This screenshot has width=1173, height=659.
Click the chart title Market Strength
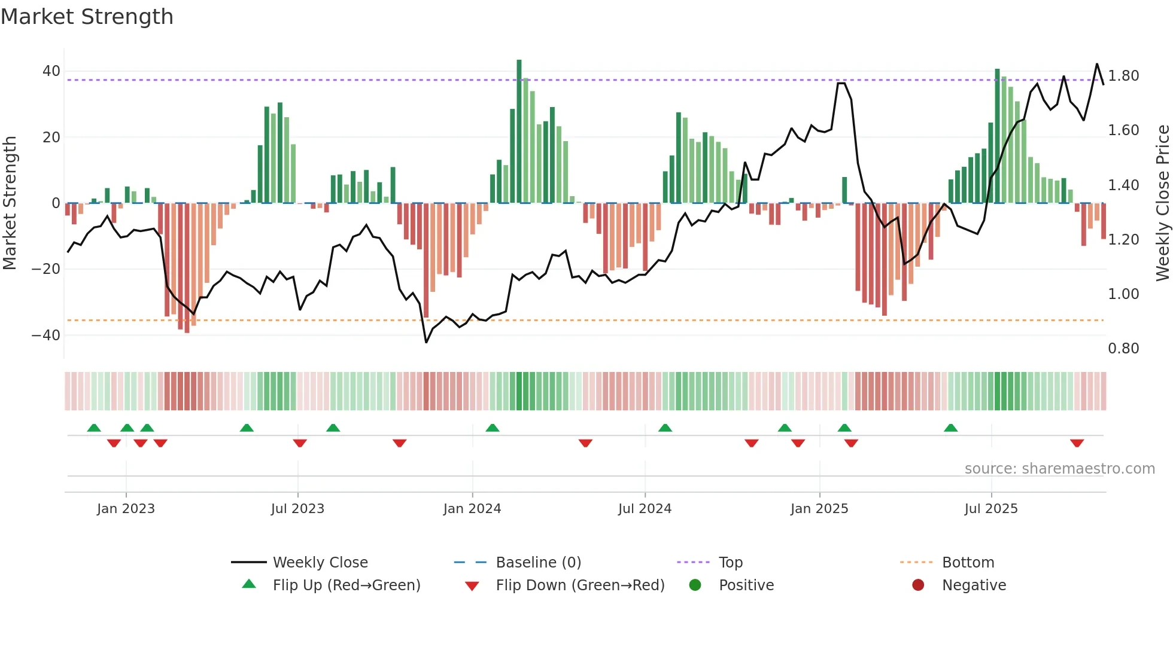click(x=87, y=17)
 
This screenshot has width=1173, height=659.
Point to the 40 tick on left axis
click(x=51, y=71)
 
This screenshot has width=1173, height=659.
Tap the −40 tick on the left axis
click(x=46, y=335)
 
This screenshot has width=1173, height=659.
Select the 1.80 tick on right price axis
click(x=1123, y=76)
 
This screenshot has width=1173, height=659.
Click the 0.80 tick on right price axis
click(x=1123, y=349)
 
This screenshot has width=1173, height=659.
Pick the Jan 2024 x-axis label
click(x=472, y=509)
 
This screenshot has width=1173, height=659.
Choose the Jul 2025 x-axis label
click(x=990, y=509)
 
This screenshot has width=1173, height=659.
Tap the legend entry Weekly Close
click(x=320, y=563)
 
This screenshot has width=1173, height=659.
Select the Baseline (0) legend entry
click(x=538, y=563)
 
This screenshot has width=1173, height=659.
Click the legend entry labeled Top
click(x=730, y=563)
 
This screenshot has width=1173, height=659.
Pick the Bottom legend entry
click(x=968, y=563)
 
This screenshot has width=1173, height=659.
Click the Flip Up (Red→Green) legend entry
click(x=346, y=585)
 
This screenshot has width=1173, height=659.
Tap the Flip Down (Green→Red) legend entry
click(x=579, y=585)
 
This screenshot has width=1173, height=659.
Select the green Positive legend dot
click(x=695, y=585)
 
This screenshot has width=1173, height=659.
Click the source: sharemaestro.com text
click(x=1059, y=469)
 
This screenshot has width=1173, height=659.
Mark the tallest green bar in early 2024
click(x=519, y=132)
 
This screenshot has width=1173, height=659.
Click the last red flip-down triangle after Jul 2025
click(x=1077, y=443)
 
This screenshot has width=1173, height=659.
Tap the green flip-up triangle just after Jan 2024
click(x=492, y=428)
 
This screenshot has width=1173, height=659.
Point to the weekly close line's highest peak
click(x=1096, y=64)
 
